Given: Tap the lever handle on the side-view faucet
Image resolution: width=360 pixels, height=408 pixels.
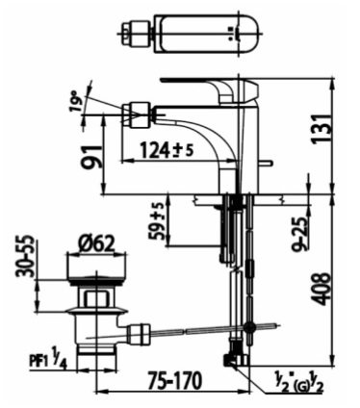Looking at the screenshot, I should pyautogui.click(x=197, y=81).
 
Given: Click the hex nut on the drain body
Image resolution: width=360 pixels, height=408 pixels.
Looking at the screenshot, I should pyautogui.click(x=93, y=308).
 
